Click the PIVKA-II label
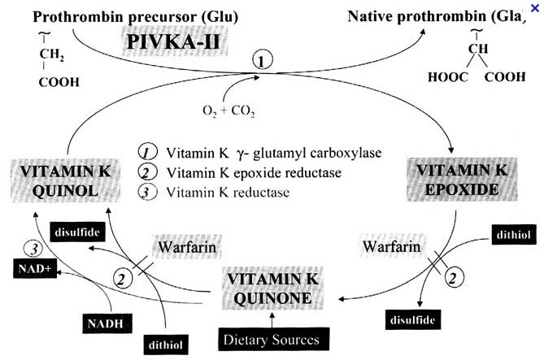tap(173, 42)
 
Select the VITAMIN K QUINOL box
tap(66, 180)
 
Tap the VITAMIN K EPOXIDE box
tap(462, 180)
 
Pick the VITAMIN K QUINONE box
tap(272, 288)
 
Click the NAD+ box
tap(35, 268)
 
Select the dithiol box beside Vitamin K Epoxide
tap(514, 235)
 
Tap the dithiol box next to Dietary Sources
tap(166, 345)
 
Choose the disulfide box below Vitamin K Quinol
tap(77, 232)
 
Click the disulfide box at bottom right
tap(413, 319)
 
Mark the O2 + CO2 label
tap(229, 111)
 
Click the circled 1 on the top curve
tap(263, 61)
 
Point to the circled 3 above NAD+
tap(33, 249)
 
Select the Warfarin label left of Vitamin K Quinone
tap(187, 247)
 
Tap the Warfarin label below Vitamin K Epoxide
tap(392, 246)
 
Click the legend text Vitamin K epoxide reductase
tap(254, 173)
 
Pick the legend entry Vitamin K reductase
tap(228, 192)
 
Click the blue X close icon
tap(535, 8)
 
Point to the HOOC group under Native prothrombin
tap(448, 77)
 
